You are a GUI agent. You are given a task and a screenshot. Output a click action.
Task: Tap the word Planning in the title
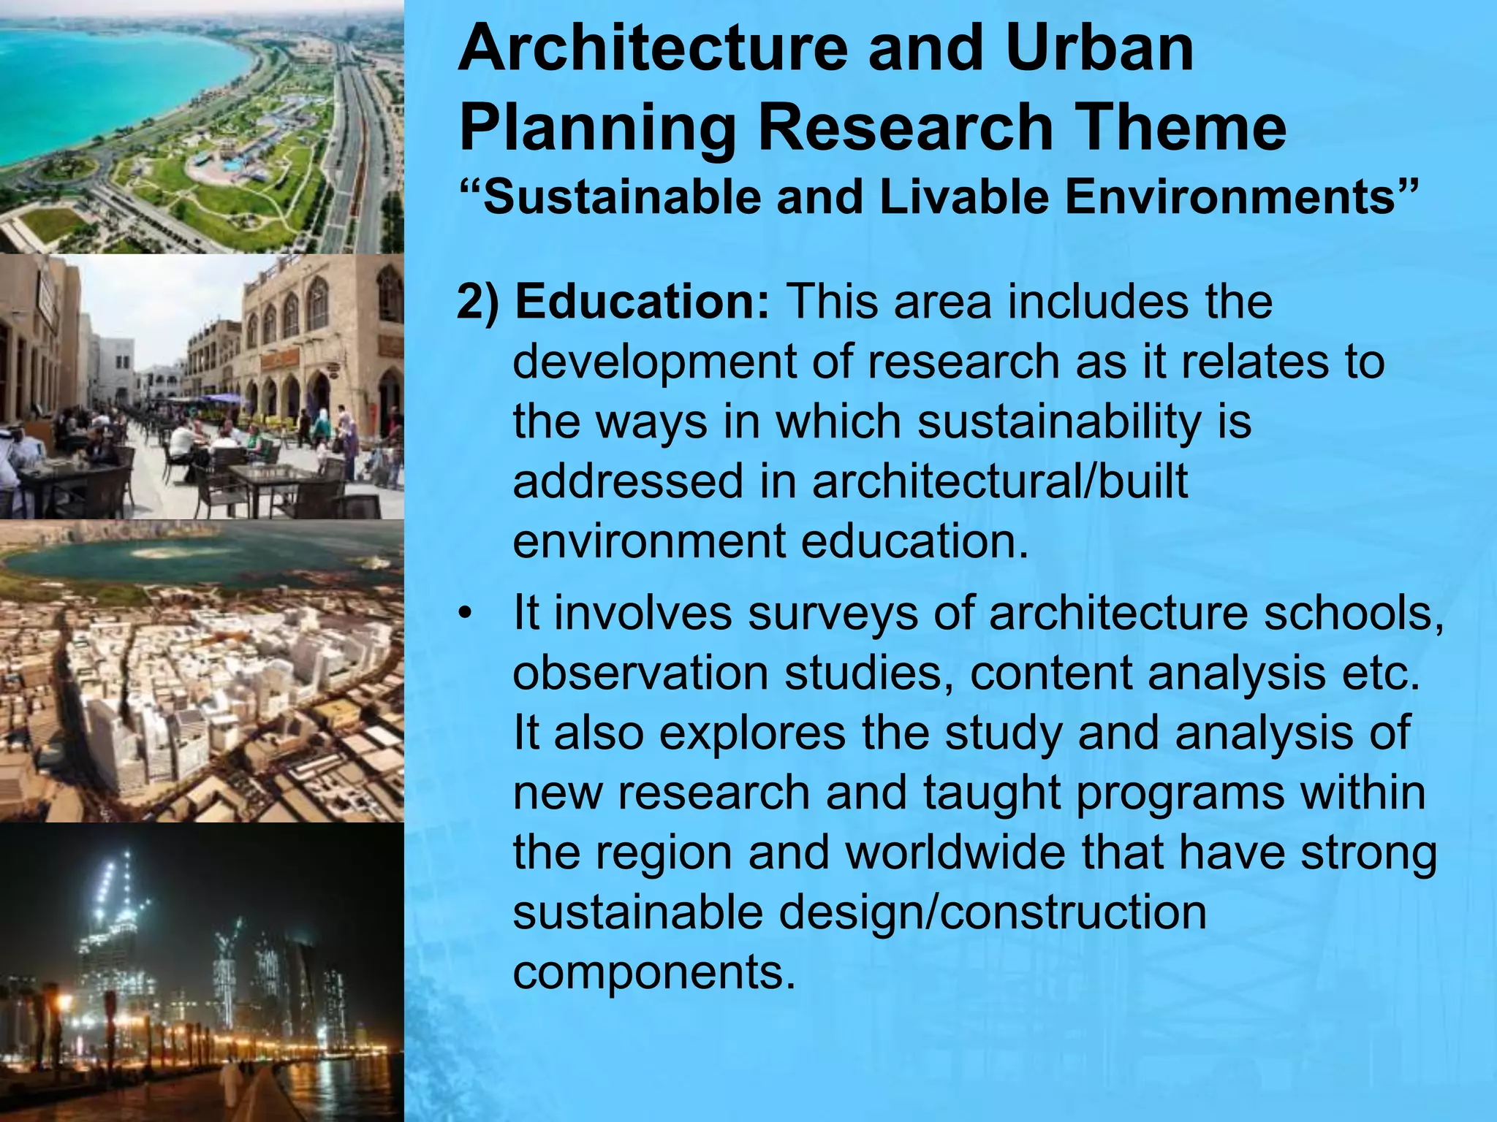[x=597, y=129]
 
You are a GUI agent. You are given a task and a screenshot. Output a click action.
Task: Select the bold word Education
[x=642, y=302]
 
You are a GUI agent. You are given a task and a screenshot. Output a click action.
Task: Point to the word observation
[x=640, y=673]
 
